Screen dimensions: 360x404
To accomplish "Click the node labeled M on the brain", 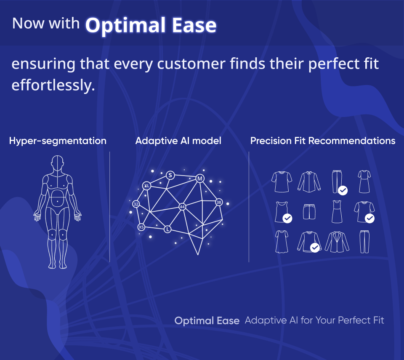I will [x=200, y=179].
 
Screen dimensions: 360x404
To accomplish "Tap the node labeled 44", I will [x=182, y=207].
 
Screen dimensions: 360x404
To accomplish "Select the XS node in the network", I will [x=141, y=227].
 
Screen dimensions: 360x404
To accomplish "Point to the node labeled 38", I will [x=219, y=203].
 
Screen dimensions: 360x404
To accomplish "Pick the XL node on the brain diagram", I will [x=146, y=185].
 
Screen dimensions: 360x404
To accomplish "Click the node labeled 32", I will [x=136, y=204].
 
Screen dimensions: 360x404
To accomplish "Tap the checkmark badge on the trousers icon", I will [x=343, y=190].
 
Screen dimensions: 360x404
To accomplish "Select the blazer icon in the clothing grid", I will [x=337, y=242].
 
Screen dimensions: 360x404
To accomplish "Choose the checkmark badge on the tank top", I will [x=288, y=218].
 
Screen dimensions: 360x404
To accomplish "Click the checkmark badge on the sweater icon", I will [x=314, y=248].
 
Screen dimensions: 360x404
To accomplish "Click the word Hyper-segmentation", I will [x=58, y=141].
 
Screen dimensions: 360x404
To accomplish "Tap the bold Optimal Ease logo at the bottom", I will [x=207, y=320].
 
